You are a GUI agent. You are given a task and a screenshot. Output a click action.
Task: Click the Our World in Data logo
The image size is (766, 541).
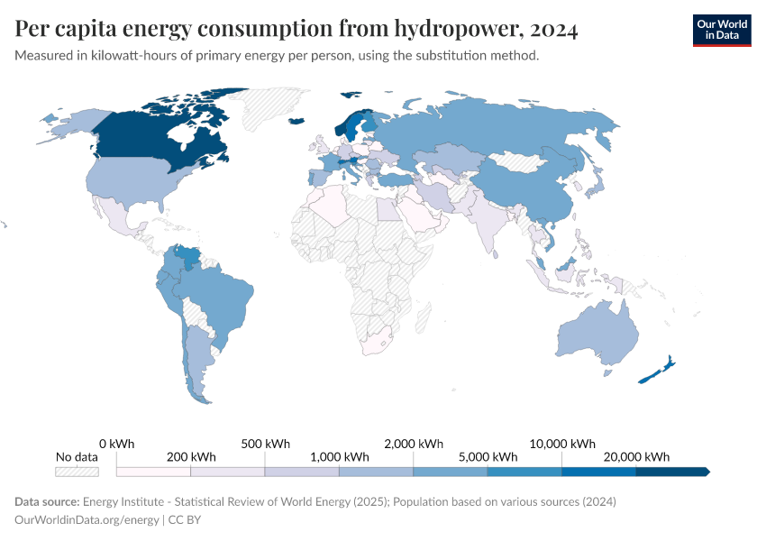721,30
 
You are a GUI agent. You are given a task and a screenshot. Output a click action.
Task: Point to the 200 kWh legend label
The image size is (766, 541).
191,456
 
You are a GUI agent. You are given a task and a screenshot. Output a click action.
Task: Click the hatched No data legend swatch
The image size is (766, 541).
77,472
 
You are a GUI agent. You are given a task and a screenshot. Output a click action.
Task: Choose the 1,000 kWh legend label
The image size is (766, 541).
339,456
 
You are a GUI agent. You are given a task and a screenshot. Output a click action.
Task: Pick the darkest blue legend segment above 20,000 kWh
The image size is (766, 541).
671,472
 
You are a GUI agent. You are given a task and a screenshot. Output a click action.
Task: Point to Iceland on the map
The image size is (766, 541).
296,122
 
